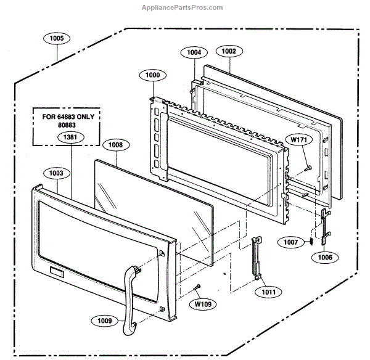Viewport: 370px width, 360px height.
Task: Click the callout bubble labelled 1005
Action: [x=57, y=38]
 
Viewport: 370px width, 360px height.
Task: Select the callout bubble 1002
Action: [x=229, y=52]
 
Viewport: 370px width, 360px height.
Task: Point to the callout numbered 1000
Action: [x=153, y=75]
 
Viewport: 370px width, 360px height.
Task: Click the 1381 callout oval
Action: [x=70, y=137]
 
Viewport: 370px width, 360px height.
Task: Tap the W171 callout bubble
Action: [x=300, y=141]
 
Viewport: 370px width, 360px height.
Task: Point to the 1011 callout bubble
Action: [x=269, y=291]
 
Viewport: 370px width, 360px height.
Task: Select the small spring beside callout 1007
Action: [x=311, y=240]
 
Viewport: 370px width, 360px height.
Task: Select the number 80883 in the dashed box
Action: [x=67, y=125]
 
